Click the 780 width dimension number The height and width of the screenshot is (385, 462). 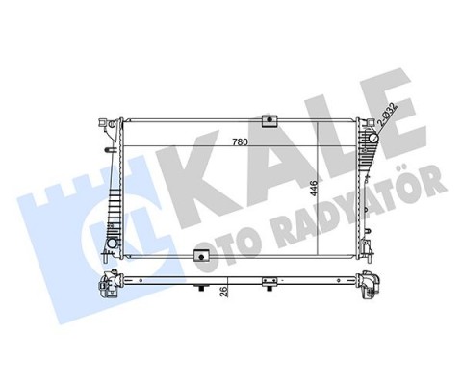pos(241,141)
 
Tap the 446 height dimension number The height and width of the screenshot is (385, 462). pos(314,189)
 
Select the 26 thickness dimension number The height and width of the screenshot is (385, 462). pos(224,292)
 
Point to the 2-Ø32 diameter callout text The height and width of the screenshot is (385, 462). pos(387,115)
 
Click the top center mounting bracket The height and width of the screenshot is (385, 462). pos(269,120)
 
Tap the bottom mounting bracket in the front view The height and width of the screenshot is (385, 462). pos(201,256)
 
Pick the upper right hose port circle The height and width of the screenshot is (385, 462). pos(374,139)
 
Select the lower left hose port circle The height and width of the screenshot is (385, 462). pos(112,244)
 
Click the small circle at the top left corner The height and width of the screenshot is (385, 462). pos(112,123)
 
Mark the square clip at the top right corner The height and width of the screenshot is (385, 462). pos(370,122)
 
